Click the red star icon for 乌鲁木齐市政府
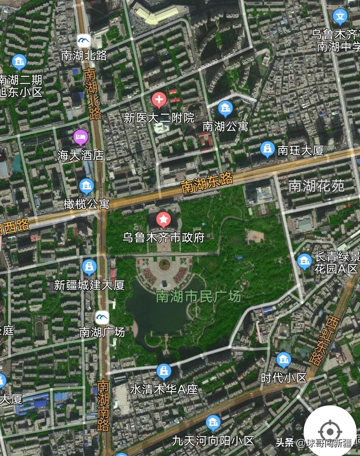coord(163,220)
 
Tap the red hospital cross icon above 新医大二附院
coord(159,100)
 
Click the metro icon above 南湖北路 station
coord(84,41)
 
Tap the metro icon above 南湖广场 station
coord(102,317)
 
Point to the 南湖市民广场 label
coord(198,296)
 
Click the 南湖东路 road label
coord(207,183)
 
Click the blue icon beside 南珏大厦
coord(268,149)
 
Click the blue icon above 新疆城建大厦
coord(89,267)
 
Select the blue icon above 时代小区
coord(283,359)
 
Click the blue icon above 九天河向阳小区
coord(213,423)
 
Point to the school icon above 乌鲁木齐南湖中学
coord(340,16)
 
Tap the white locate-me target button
coord(329,432)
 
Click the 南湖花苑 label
coord(316,186)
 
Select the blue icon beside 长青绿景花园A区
coord(304,261)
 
